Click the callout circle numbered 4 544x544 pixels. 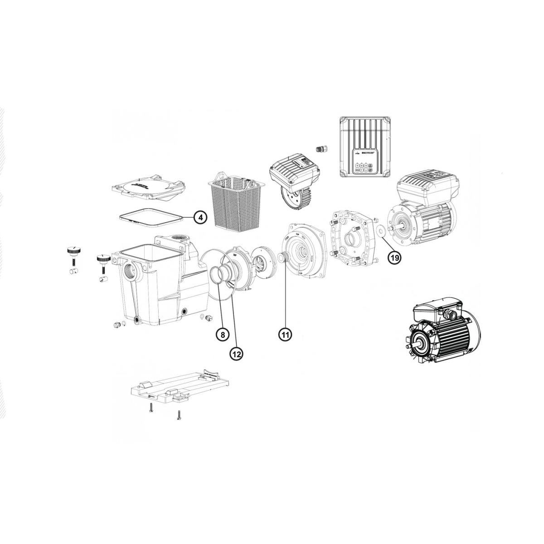[x=200, y=218]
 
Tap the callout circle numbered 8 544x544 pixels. [x=222, y=335]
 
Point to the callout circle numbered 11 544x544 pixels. [x=285, y=335]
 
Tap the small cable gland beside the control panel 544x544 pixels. [x=321, y=150]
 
